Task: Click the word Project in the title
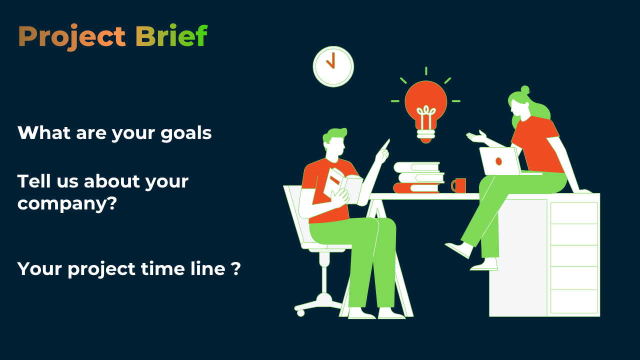point(72,37)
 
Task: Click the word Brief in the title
point(171,35)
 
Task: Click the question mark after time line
point(235,269)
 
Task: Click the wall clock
point(333,66)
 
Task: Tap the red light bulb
point(425,111)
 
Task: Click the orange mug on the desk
point(459,185)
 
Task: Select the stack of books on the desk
point(419,177)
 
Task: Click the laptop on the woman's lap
point(500,161)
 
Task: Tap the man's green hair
point(334,135)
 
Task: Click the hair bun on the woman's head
point(525,89)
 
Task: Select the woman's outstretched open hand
point(476,136)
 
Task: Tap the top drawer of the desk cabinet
point(574,213)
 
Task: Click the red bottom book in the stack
point(416,188)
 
